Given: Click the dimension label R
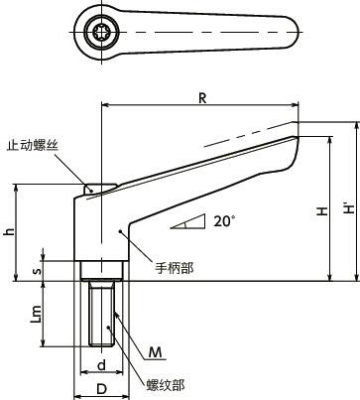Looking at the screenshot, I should point(202,97).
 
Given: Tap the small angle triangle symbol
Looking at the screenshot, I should point(187,222).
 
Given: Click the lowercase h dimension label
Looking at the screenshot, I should point(10,232).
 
